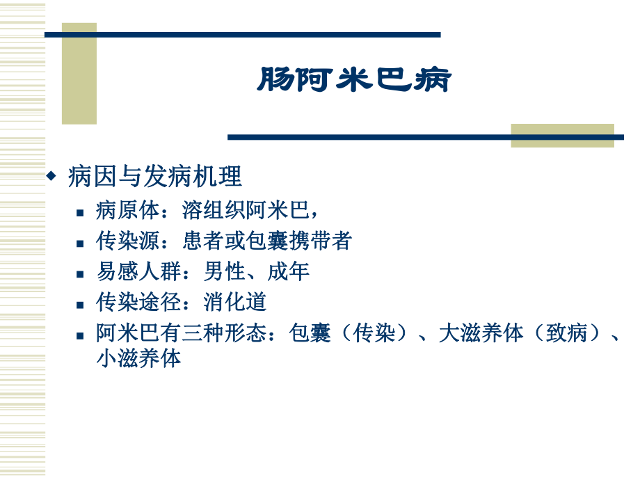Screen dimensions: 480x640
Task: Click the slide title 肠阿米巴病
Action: [x=354, y=80]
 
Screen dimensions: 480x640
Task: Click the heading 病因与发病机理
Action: [x=154, y=177]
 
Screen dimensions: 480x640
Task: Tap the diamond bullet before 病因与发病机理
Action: [x=50, y=177]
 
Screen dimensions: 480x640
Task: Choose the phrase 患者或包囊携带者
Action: [x=267, y=241]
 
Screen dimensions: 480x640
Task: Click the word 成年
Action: [x=289, y=271]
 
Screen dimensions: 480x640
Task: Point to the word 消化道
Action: [x=235, y=302]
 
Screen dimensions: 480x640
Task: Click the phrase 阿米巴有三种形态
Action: [x=182, y=333]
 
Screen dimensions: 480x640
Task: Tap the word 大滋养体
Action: [x=480, y=333]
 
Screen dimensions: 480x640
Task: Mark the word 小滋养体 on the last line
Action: [x=138, y=358]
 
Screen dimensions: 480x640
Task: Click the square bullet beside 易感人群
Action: [x=81, y=273]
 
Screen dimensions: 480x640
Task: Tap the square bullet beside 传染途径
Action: [x=81, y=304]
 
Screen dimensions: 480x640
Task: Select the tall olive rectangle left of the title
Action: [x=79, y=73]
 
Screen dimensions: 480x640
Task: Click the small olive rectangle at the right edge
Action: [x=562, y=135]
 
